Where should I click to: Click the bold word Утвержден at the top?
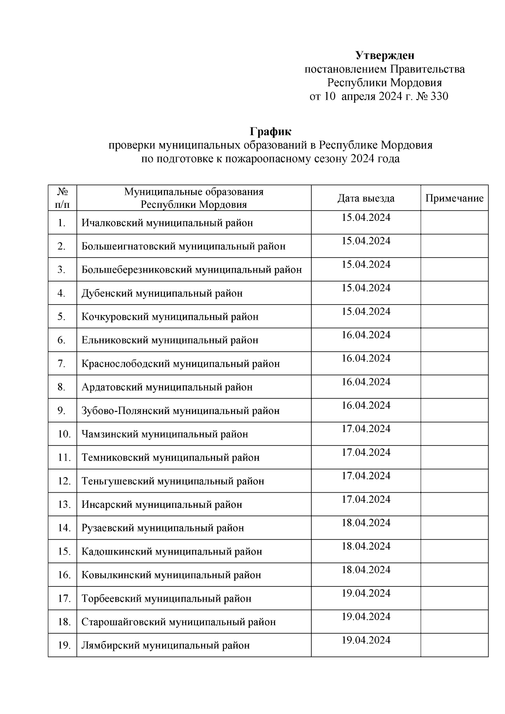tap(385, 56)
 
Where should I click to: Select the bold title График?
tap(270, 132)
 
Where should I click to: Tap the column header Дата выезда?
tap(366, 198)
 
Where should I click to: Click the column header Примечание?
tap(454, 198)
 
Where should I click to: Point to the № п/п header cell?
tap(62, 198)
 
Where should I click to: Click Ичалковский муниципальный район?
tap(167, 223)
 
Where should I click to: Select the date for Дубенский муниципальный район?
tap(366, 288)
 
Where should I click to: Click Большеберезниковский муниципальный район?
tap(191, 270)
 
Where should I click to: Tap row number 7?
tap(61, 364)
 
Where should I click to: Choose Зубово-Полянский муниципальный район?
tap(181, 411)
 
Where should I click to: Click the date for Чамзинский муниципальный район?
tap(366, 429)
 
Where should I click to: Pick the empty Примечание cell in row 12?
tap(454, 480)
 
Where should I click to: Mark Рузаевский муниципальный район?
tap(162, 528)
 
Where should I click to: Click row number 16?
tap(64, 575)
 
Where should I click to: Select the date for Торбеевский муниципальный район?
tap(366, 593)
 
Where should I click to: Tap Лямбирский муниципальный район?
tap(165, 645)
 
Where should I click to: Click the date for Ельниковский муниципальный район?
tap(366, 335)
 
